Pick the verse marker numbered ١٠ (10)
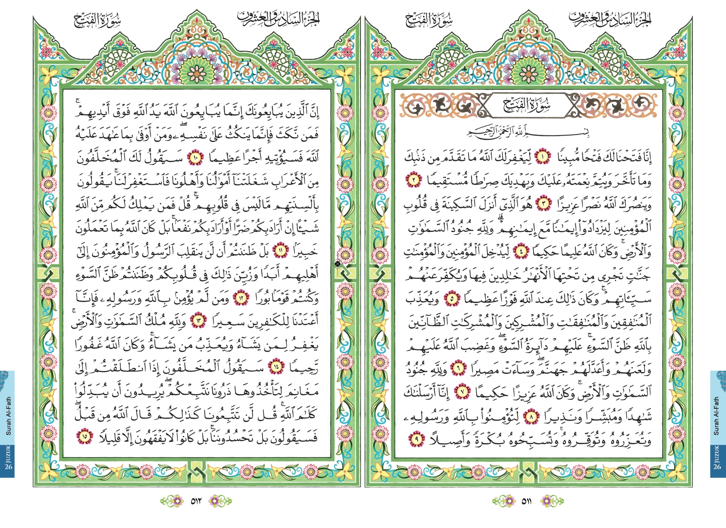196,158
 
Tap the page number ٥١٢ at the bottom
196,501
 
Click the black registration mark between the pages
337,264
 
